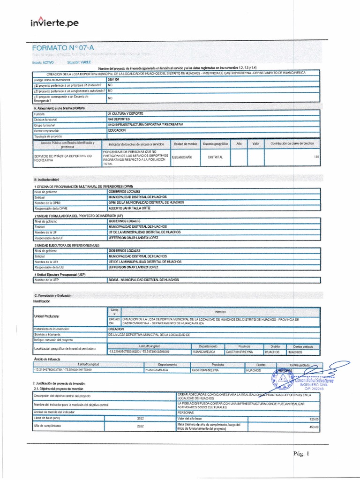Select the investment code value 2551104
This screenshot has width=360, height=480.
click(113, 80)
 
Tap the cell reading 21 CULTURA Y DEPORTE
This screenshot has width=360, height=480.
click(126, 114)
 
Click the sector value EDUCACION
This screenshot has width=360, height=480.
click(117, 131)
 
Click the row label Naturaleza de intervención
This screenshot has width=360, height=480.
click(54, 330)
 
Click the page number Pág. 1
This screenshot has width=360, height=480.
click(301, 453)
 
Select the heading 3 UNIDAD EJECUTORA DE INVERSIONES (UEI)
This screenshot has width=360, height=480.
click(67, 245)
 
